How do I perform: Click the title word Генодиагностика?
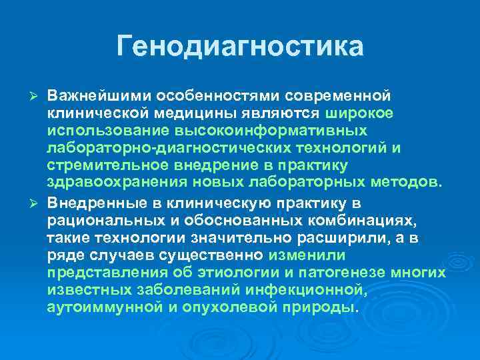point(240,46)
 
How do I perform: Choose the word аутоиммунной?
point(97,307)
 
